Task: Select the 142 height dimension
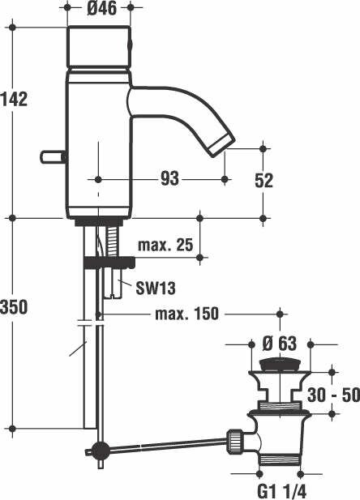click(14, 99)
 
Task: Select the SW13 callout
click(156, 287)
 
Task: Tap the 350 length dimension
click(14, 307)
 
